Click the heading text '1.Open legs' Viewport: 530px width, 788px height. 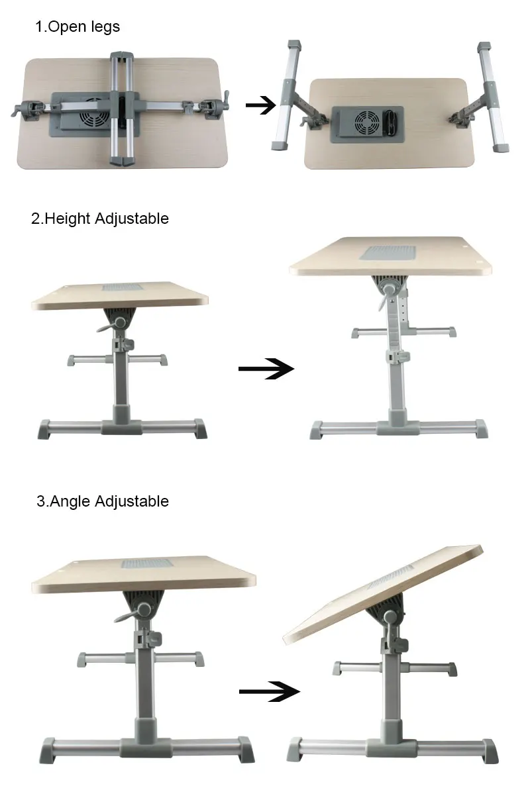(x=78, y=27)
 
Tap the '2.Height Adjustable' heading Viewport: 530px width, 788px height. (x=100, y=219)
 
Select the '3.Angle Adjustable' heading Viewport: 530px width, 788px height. (x=103, y=501)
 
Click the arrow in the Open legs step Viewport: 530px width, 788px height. (x=260, y=105)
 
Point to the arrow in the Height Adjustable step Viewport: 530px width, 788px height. (x=266, y=369)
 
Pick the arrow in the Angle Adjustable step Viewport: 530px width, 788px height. (x=268, y=691)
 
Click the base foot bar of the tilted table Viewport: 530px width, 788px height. (x=395, y=748)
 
